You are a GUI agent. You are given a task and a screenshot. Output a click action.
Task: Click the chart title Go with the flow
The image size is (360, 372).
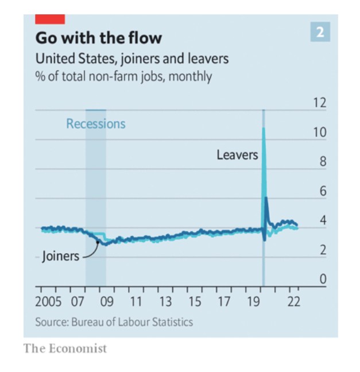click(x=98, y=38)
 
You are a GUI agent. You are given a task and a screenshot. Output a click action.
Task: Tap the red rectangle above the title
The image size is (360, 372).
click(x=49, y=18)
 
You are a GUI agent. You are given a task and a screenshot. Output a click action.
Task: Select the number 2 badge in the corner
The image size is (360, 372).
click(x=320, y=32)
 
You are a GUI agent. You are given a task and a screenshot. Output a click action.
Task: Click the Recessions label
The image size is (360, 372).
click(x=95, y=123)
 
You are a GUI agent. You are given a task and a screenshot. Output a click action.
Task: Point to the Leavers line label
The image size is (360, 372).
click(x=237, y=154)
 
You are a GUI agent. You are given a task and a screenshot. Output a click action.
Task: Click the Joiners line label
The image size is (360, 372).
click(x=60, y=256)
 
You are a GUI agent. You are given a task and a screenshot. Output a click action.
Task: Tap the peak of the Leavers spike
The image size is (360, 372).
click(x=264, y=129)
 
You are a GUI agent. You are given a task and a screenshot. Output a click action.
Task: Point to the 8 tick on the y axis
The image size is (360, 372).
click(x=322, y=162)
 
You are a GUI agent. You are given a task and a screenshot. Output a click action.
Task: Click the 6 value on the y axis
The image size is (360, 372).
click(x=322, y=191)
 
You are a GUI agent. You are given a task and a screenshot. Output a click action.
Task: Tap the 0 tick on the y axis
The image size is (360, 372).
click(x=322, y=279)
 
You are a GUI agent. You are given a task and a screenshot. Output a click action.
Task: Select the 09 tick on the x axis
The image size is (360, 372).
click(x=106, y=302)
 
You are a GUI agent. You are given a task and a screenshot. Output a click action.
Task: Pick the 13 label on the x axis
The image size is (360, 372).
click(x=165, y=302)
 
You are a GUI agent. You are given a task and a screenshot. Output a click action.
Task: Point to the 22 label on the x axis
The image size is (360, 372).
click(x=293, y=302)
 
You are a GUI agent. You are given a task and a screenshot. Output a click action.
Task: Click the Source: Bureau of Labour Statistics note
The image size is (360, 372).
click(x=114, y=321)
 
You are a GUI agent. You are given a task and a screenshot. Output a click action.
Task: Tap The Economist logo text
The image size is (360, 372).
click(x=65, y=348)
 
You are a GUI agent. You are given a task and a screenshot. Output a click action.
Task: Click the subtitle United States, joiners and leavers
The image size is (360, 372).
click(x=132, y=59)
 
